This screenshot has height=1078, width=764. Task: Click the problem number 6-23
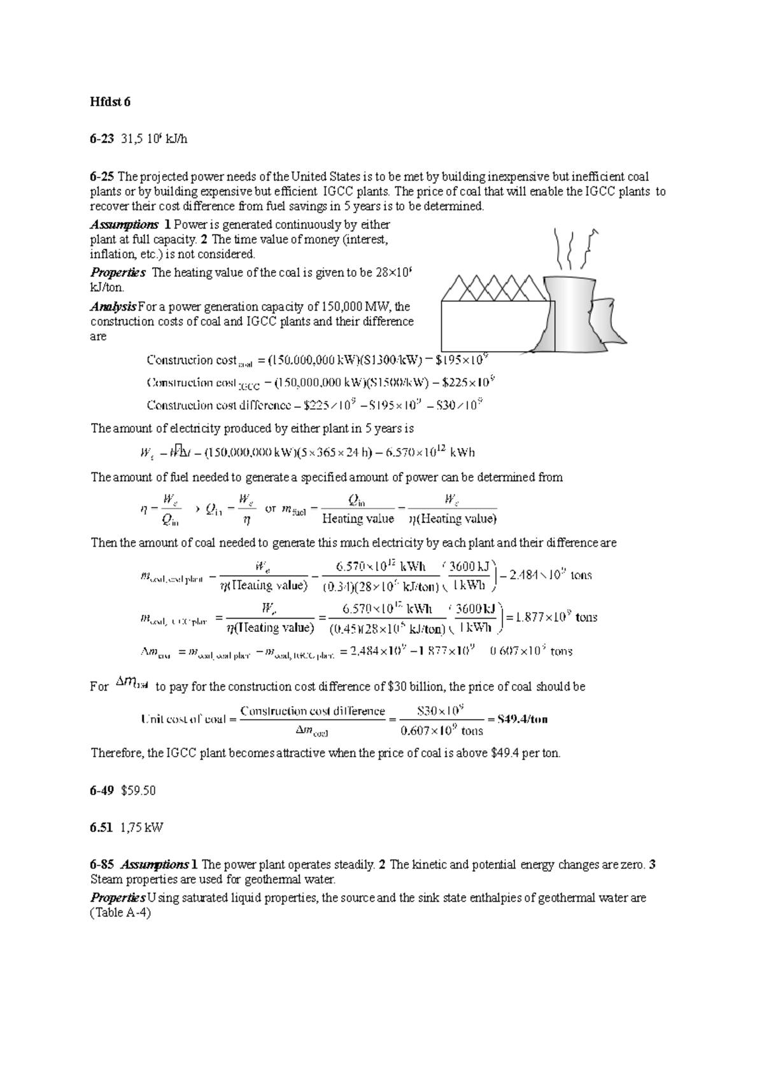(x=102, y=139)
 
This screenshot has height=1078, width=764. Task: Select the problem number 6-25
(x=102, y=176)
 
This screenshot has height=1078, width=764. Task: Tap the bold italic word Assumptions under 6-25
(x=124, y=225)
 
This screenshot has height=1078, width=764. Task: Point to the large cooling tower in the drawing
(x=570, y=312)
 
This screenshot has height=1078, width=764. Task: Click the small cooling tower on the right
(x=608, y=325)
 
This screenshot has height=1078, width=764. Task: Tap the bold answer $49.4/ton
(x=522, y=719)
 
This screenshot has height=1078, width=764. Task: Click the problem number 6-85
(x=102, y=865)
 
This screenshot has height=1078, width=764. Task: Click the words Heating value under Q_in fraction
(x=358, y=519)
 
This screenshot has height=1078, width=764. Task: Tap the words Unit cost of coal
(x=183, y=719)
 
